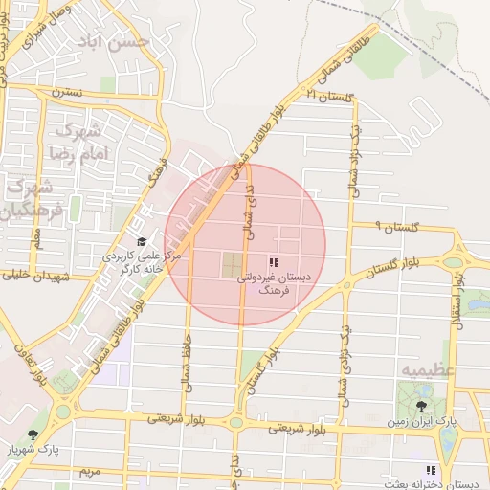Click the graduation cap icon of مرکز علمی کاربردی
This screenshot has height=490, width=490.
click(142, 243)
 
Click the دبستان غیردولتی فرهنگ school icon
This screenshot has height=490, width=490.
click(273, 261)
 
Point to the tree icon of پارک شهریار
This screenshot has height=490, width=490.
click(33, 434)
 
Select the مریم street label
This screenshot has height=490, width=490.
click(89, 472)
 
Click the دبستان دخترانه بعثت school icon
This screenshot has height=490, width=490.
click(431, 470)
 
